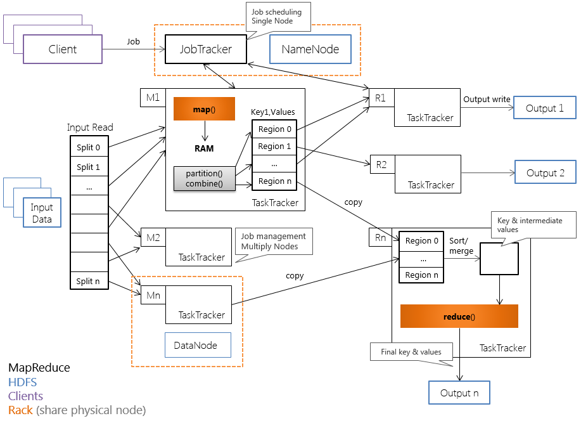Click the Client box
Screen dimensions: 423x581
pyautogui.click(x=63, y=49)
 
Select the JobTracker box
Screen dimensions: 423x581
pyautogui.click(x=206, y=49)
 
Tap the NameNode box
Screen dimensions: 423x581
pyautogui.click(x=310, y=49)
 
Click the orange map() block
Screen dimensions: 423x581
pyautogui.click(x=204, y=110)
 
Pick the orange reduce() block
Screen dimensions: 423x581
pyautogui.click(x=459, y=316)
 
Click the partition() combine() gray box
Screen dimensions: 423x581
pyautogui.click(x=204, y=179)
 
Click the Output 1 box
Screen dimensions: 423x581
pyautogui.click(x=544, y=108)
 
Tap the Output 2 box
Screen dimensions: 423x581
pyautogui.click(x=544, y=172)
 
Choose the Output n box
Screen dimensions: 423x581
pyautogui.click(x=459, y=393)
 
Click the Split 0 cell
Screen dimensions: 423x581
pyautogui.click(x=89, y=148)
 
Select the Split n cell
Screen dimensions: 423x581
pyautogui.click(x=89, y=282)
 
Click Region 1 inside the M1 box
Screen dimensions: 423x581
pyautogui.click(x=275, y=146)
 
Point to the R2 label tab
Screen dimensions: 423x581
pyautogui.click(x=382, y=165)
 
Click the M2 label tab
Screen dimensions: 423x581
pyautogui.click(x=153, y=238)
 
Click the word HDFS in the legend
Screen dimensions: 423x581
pyautogui.click(x=23, y=382)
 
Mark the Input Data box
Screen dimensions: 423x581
pyautogui.click(x=42, y=213)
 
